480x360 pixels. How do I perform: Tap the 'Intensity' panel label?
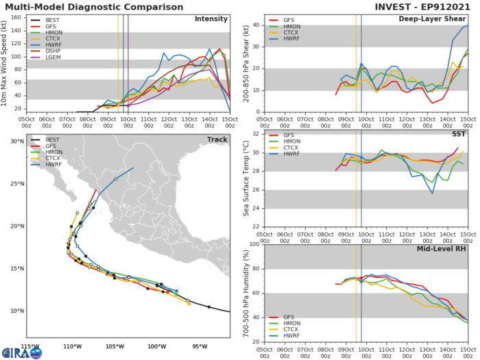[x=211, y=19]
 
